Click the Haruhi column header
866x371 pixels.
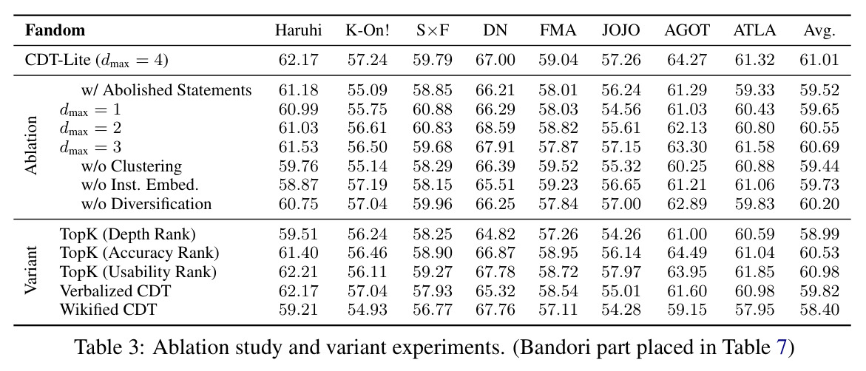click(x=298, y=30)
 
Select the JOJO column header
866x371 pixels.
click(x=621, y=30)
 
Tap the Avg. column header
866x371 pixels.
click(x=819, y=30)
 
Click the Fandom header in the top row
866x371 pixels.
click(x=55, y=30)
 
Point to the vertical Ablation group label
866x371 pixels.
click(x=32, y=146)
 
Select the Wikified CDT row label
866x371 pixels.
click(x=108, y=310)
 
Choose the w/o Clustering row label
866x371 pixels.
click(x=132, y=166)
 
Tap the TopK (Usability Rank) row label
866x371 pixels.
click(x=138, y=272)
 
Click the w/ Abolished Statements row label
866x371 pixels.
click(x=166, y=90)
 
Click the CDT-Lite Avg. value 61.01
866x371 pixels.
click(x=819, y=60)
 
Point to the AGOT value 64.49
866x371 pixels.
click(x=686, y=253)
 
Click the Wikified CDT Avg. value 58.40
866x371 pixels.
click(x=819, y=310)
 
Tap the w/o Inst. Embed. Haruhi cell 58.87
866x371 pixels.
click(x=298, y=185)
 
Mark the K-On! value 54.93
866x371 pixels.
click(x=368, y=310)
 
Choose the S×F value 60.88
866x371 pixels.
click(x=433, y=109)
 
